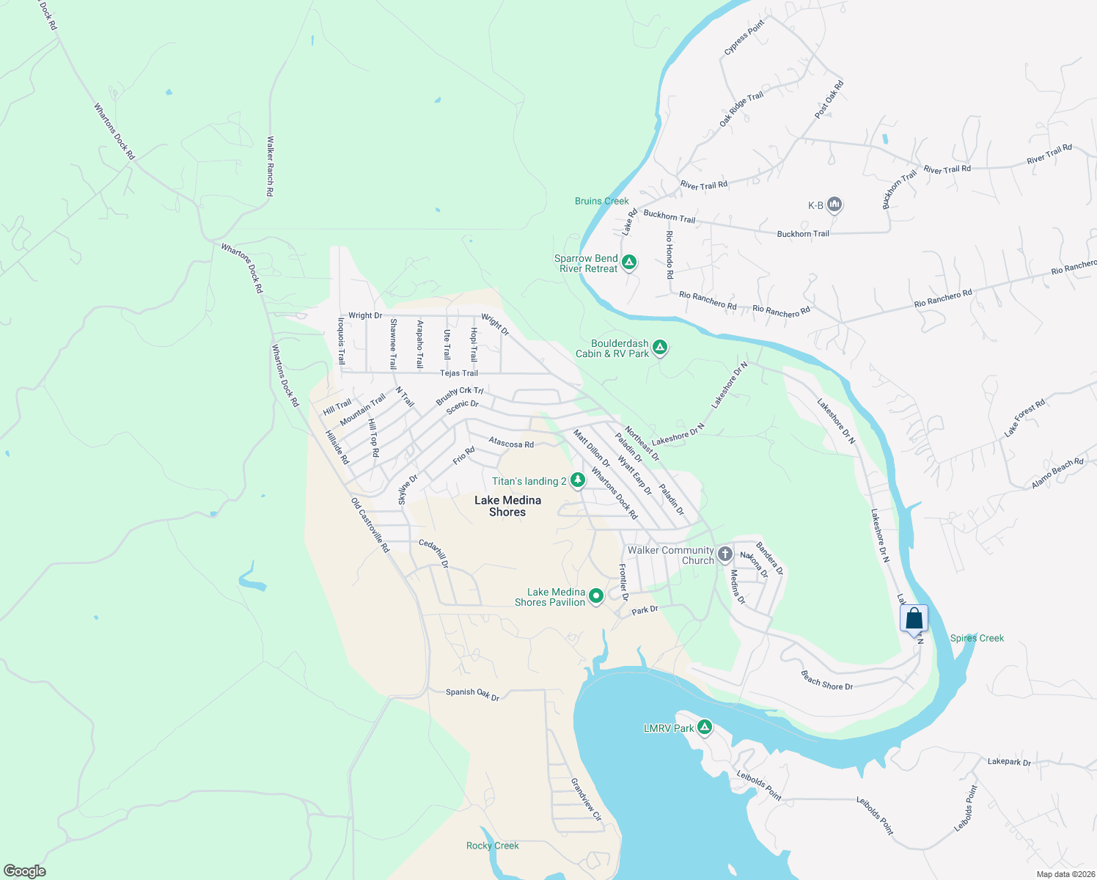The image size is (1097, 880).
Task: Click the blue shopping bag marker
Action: [914, 618]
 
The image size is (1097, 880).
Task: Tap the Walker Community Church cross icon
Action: [724, 554]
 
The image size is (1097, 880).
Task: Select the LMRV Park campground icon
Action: [705, 727]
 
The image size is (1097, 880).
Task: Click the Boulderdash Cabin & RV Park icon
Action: [660, 347]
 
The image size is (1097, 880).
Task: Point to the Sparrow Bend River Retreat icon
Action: [628, 262]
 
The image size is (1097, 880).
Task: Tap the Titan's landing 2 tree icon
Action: [578, 480]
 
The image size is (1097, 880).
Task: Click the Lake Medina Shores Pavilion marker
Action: [596, 595]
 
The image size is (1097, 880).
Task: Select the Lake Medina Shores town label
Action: [507, 506]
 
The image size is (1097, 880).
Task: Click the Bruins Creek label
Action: [601, 201]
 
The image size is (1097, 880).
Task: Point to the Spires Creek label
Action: [977, 638]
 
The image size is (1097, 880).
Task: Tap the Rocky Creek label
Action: [492, 846]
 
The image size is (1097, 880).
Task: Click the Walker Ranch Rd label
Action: [270, 166]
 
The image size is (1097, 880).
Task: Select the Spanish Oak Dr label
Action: [472, 694]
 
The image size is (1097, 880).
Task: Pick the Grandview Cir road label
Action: [586, 799]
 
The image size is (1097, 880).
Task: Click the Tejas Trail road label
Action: [459, 373]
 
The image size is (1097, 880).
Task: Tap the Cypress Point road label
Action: [744, 37]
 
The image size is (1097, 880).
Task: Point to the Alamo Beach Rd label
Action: [1057, 474]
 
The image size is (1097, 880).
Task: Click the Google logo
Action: [24, 870]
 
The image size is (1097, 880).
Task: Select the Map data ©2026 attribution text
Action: [1065, 874]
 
